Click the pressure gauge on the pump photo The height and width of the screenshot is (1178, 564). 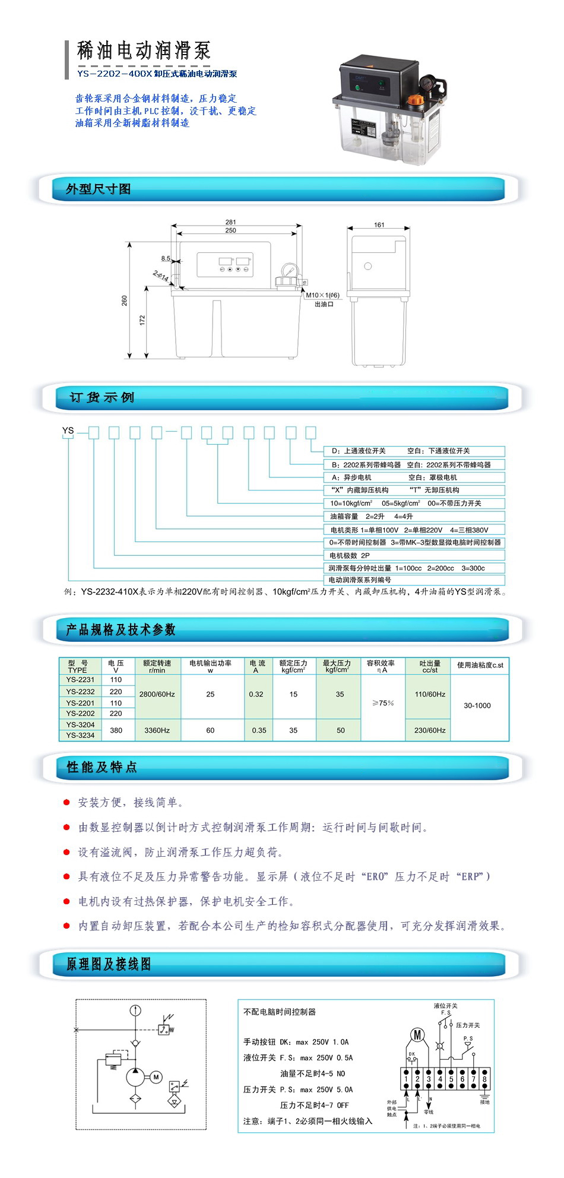pos(426,84)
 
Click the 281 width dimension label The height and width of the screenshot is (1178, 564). pos(231,222)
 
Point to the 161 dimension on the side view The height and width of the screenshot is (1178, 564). pos(379,225)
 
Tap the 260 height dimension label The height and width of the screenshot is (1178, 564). pos(124,300)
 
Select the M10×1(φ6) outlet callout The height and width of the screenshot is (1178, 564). pos(322,295)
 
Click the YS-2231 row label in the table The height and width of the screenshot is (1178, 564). pos(80,680)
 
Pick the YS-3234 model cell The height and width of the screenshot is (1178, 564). pos(80,735)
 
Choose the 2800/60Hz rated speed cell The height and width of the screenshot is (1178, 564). pos(157,693)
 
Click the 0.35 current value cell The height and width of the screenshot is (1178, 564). pos(259,730)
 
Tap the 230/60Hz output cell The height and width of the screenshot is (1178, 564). pos(430,730)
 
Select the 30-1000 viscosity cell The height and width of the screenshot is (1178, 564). pos(477,705)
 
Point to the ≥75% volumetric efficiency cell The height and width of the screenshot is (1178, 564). pos(383,703)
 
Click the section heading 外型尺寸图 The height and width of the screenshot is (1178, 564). pos(98,189)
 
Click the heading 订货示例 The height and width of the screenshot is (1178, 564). pos(102,397)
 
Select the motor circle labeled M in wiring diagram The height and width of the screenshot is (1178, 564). pos(418,1035)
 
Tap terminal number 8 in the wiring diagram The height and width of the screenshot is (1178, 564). pos(484,1079)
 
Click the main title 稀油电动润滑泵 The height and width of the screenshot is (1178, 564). pos(144,51)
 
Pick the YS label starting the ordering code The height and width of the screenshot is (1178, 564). pos(68,430)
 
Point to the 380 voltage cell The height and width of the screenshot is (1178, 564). pos(116,730)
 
